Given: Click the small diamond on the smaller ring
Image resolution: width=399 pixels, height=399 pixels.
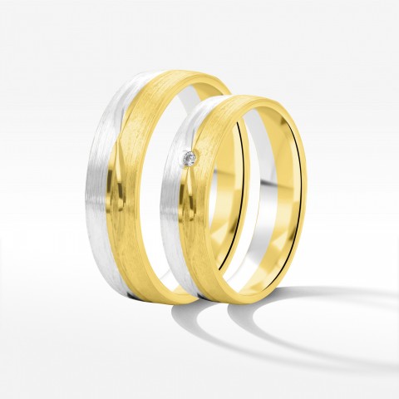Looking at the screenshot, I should (190, 157).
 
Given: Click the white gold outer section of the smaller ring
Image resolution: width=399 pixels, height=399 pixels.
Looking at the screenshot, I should (184, 216).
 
